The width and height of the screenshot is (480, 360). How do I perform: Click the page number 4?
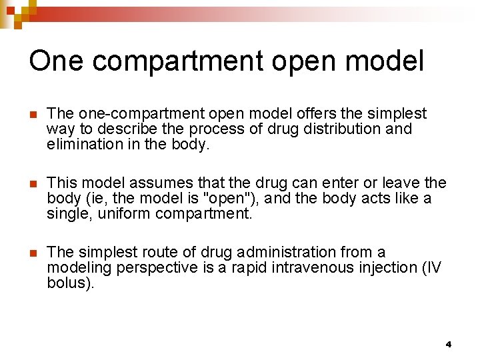(x=448, y=344)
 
